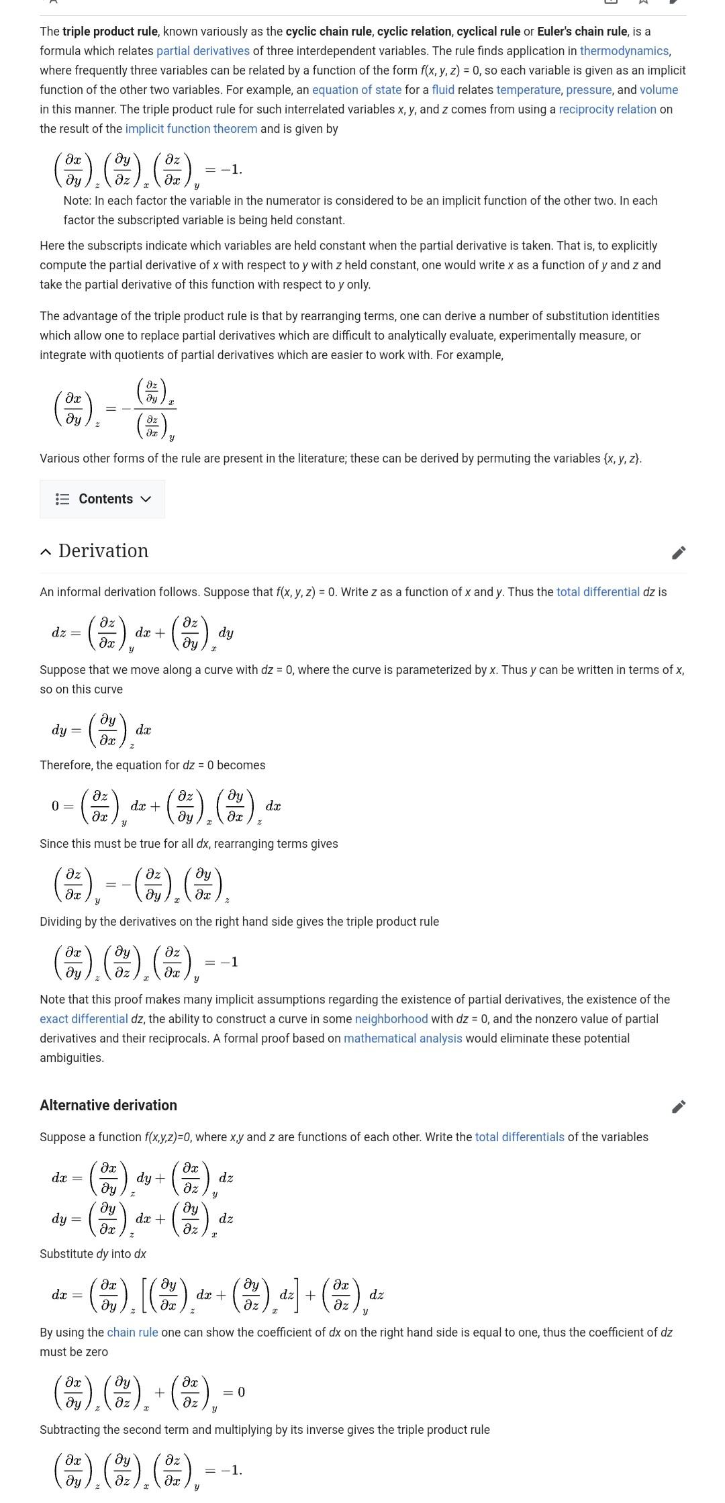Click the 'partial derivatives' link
tap(203, 51)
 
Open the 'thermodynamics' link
tap(624, 51)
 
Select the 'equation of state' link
tap(356, 90)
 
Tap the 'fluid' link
tap(442, 90)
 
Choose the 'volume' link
tap(659, 90)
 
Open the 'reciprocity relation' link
tap(607, 109)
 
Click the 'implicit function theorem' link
tap(191, 129)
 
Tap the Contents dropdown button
tap(102, 499)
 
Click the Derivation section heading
tap(103, 551)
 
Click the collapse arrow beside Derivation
tap(46, 552)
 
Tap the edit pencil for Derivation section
tap(679, 552)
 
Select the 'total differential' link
tap(597, 592)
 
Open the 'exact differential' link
tap(83, 1019)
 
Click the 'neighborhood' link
tap(391, 1019)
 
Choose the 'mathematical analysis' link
tap(403, 1038)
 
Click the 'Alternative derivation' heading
tap(108, 1105)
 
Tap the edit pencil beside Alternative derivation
tap(679, 1106)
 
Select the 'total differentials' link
tap(520, 1137)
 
